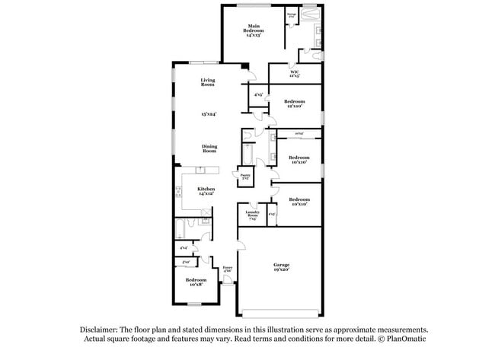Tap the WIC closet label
[x=294, y=74]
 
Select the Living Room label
[x=207, y=82]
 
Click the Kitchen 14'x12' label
[x=206, y=191]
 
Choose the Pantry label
[x=245, y=176]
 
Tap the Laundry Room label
[x=252, y=215]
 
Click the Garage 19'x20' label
[x=281, y=267]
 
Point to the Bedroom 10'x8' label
[x=196, y=282]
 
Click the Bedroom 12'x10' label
[x=294, y=104]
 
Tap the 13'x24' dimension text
[x=209, y=114]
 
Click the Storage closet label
[x=291, y=15]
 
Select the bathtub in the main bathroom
[x=311, y=14]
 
